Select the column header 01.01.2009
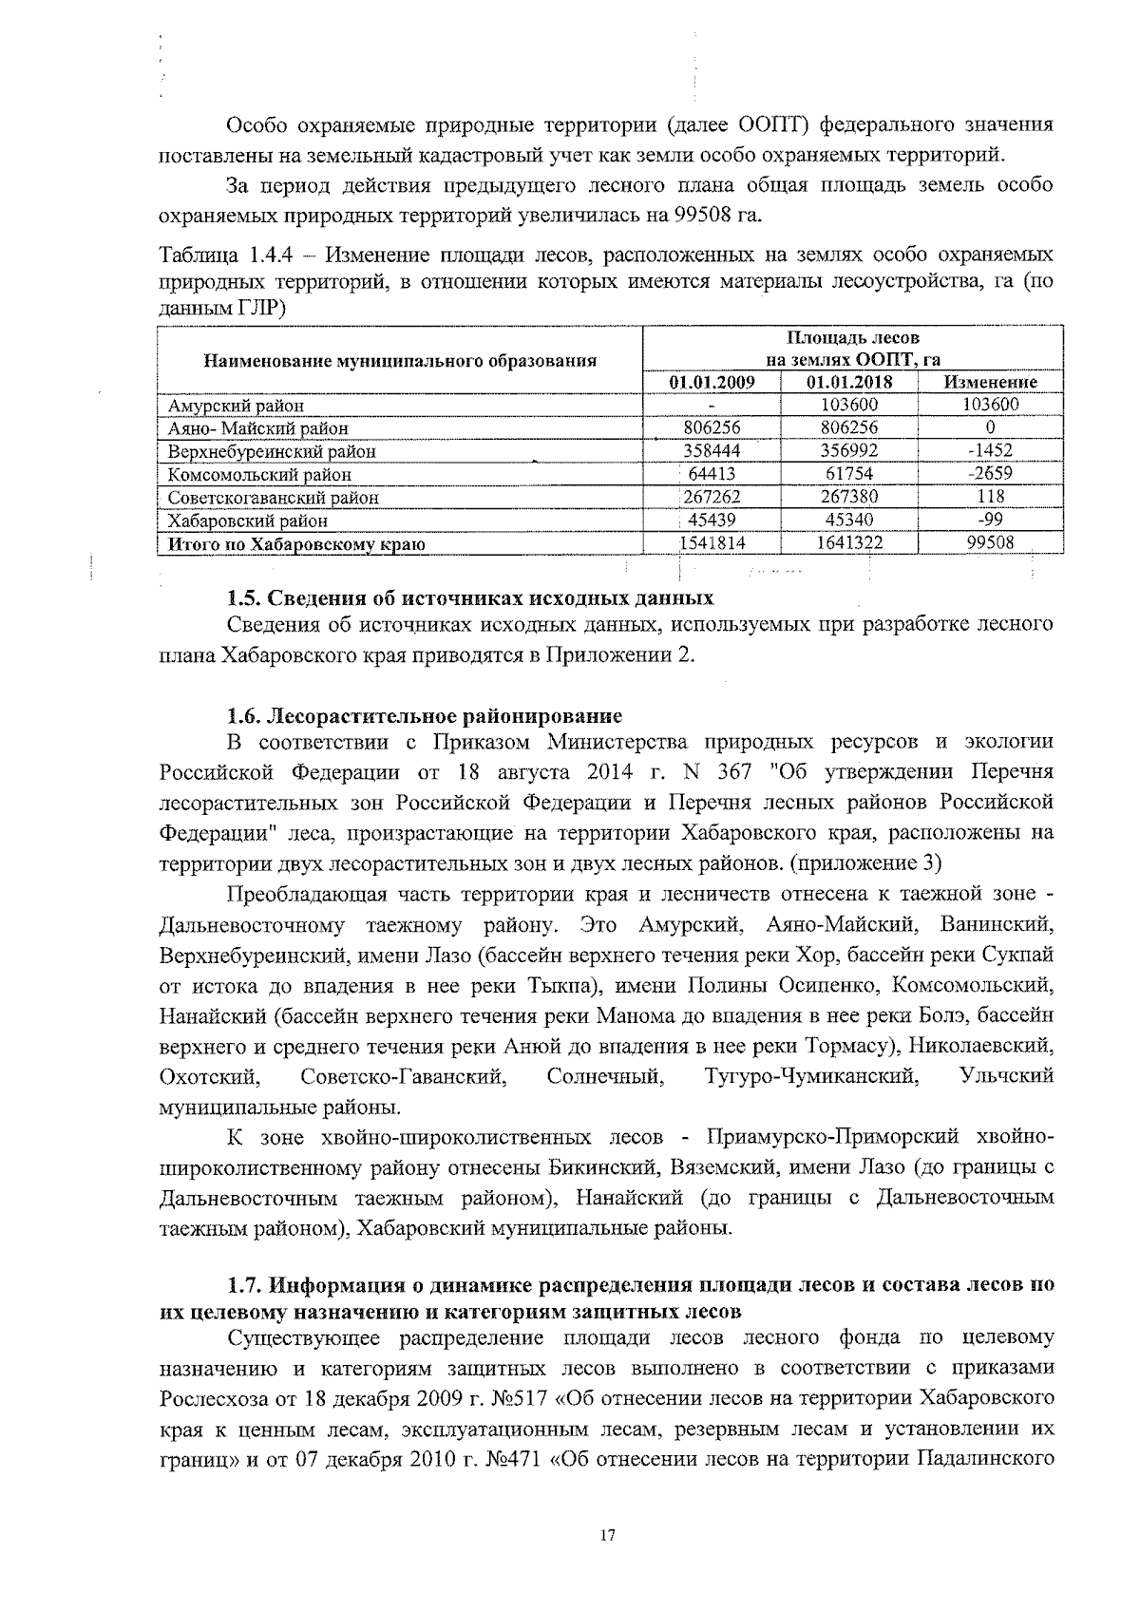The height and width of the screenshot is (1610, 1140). point(712,383)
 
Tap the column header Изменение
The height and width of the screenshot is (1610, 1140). point(990,383)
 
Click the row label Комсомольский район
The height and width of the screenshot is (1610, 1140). point(259,475)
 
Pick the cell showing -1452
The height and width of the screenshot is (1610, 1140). point(989,451)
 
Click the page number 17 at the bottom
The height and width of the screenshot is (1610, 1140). point(608,1536)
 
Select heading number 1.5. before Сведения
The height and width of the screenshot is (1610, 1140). point(245,598)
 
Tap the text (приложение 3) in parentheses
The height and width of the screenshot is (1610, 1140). point(866,863)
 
